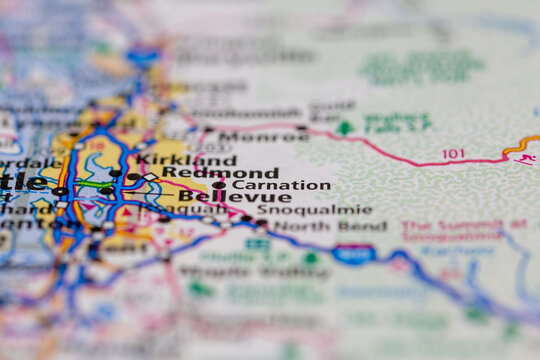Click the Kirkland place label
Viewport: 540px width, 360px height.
pos(186,160)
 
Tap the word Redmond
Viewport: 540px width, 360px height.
pos(220,173)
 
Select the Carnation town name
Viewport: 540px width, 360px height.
pos(281,185)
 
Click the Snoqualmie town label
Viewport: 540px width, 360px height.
pos(314,211)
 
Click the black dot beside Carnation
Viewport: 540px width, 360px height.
pos(219,185)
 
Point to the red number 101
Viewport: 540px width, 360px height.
pos(454,154)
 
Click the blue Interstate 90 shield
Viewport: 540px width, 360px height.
pos(353,254)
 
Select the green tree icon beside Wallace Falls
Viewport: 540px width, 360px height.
pos(345,128)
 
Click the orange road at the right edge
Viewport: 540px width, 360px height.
pos(520,145)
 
